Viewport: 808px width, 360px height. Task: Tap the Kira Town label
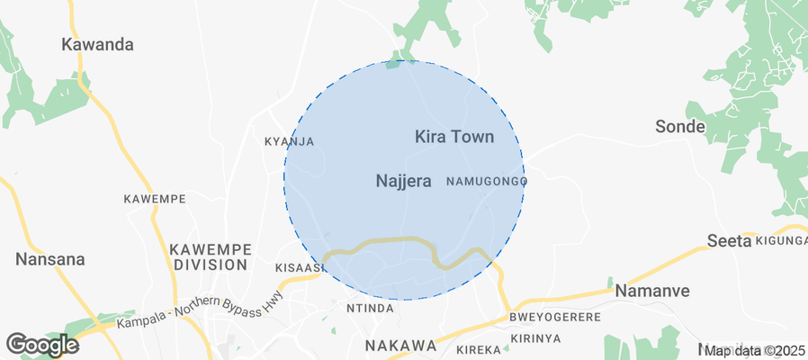454,137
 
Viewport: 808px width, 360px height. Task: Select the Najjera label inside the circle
403,181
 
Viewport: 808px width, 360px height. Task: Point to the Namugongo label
486,182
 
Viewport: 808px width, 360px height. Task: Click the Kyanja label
289,141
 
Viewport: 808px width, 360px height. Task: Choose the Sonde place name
679,126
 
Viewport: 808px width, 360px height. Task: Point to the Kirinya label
535,338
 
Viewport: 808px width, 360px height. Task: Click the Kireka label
478,348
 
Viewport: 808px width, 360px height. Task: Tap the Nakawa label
400,346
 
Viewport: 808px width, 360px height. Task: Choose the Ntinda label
370,309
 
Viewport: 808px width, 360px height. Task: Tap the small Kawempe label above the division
155,198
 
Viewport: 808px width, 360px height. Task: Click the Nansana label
50,259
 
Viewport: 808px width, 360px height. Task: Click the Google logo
41,344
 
